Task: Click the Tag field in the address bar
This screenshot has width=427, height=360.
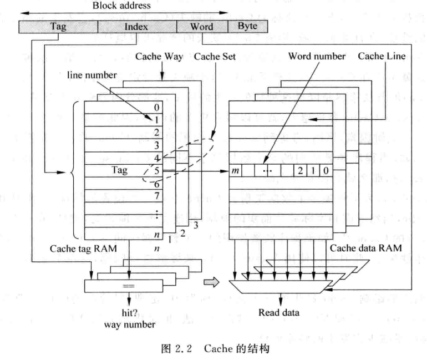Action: pos(58,27)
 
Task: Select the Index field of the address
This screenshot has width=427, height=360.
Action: pos(137,27)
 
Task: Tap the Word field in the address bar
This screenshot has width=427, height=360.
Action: pos(202,27)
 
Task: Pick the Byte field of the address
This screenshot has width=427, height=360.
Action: pos(247,27)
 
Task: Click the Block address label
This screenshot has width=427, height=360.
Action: pos(121,6)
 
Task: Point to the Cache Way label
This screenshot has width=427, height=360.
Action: pos(159,57)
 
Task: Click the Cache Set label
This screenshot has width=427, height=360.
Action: pos(215,57)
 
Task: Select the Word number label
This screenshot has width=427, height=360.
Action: pos(317,56)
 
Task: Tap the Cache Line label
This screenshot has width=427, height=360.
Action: pos(382,56)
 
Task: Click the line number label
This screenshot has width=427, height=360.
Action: pos(91,75)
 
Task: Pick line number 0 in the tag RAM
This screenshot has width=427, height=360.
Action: pos(156,107)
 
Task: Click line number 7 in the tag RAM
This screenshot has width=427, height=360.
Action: pos(156,196)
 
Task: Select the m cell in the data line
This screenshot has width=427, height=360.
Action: pos(235,171)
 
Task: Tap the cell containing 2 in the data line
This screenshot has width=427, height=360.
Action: pos(301,171)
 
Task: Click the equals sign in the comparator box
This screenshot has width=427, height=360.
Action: pos(128,286)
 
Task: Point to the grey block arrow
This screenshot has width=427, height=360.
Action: pos(212,282)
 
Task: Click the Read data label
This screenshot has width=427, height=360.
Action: pos(278,312)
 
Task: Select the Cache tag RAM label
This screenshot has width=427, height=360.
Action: pos(83,249)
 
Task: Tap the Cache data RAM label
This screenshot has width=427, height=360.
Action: pos(366,248)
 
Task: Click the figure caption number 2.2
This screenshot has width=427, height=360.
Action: pos(184,348)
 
